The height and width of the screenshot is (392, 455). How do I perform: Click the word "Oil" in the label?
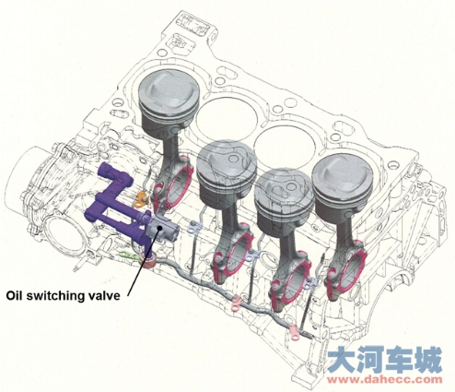pos(14,296)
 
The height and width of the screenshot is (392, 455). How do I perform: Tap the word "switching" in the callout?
pos(52,297)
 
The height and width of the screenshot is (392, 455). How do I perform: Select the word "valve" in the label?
pos(101,296)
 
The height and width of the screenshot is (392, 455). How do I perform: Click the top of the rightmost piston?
pos(343,176)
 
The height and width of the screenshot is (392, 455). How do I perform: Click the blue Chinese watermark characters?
pos(385,359)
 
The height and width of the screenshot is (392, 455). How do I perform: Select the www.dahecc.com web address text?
pos(385,379)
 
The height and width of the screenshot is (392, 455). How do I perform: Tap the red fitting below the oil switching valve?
pos(150,261)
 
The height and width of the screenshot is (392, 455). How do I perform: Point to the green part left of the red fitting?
pos(130,255)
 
